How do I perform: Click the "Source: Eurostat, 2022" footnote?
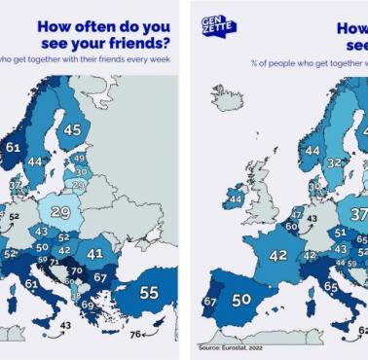pyautogui.click(x=230, y=346)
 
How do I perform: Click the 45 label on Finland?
pyautogui.click(x=72, y=128)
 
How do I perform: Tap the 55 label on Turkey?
pyautogui.click(x=149, y=291)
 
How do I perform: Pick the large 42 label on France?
pyautogui.click(x=279, y=256)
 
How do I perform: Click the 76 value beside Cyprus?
pyautogui.click(x=135, y=334)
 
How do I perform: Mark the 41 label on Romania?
pyautogui.click(x=95, y=253)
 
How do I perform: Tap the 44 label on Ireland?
pyautogui.click(x=235, y=199)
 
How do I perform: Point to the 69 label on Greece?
pyautogui.click(x=89, y=306)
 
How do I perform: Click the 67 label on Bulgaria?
pyautogui.click(x=100, y=278)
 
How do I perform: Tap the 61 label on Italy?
pyautogui.click(x=32, y=284)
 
